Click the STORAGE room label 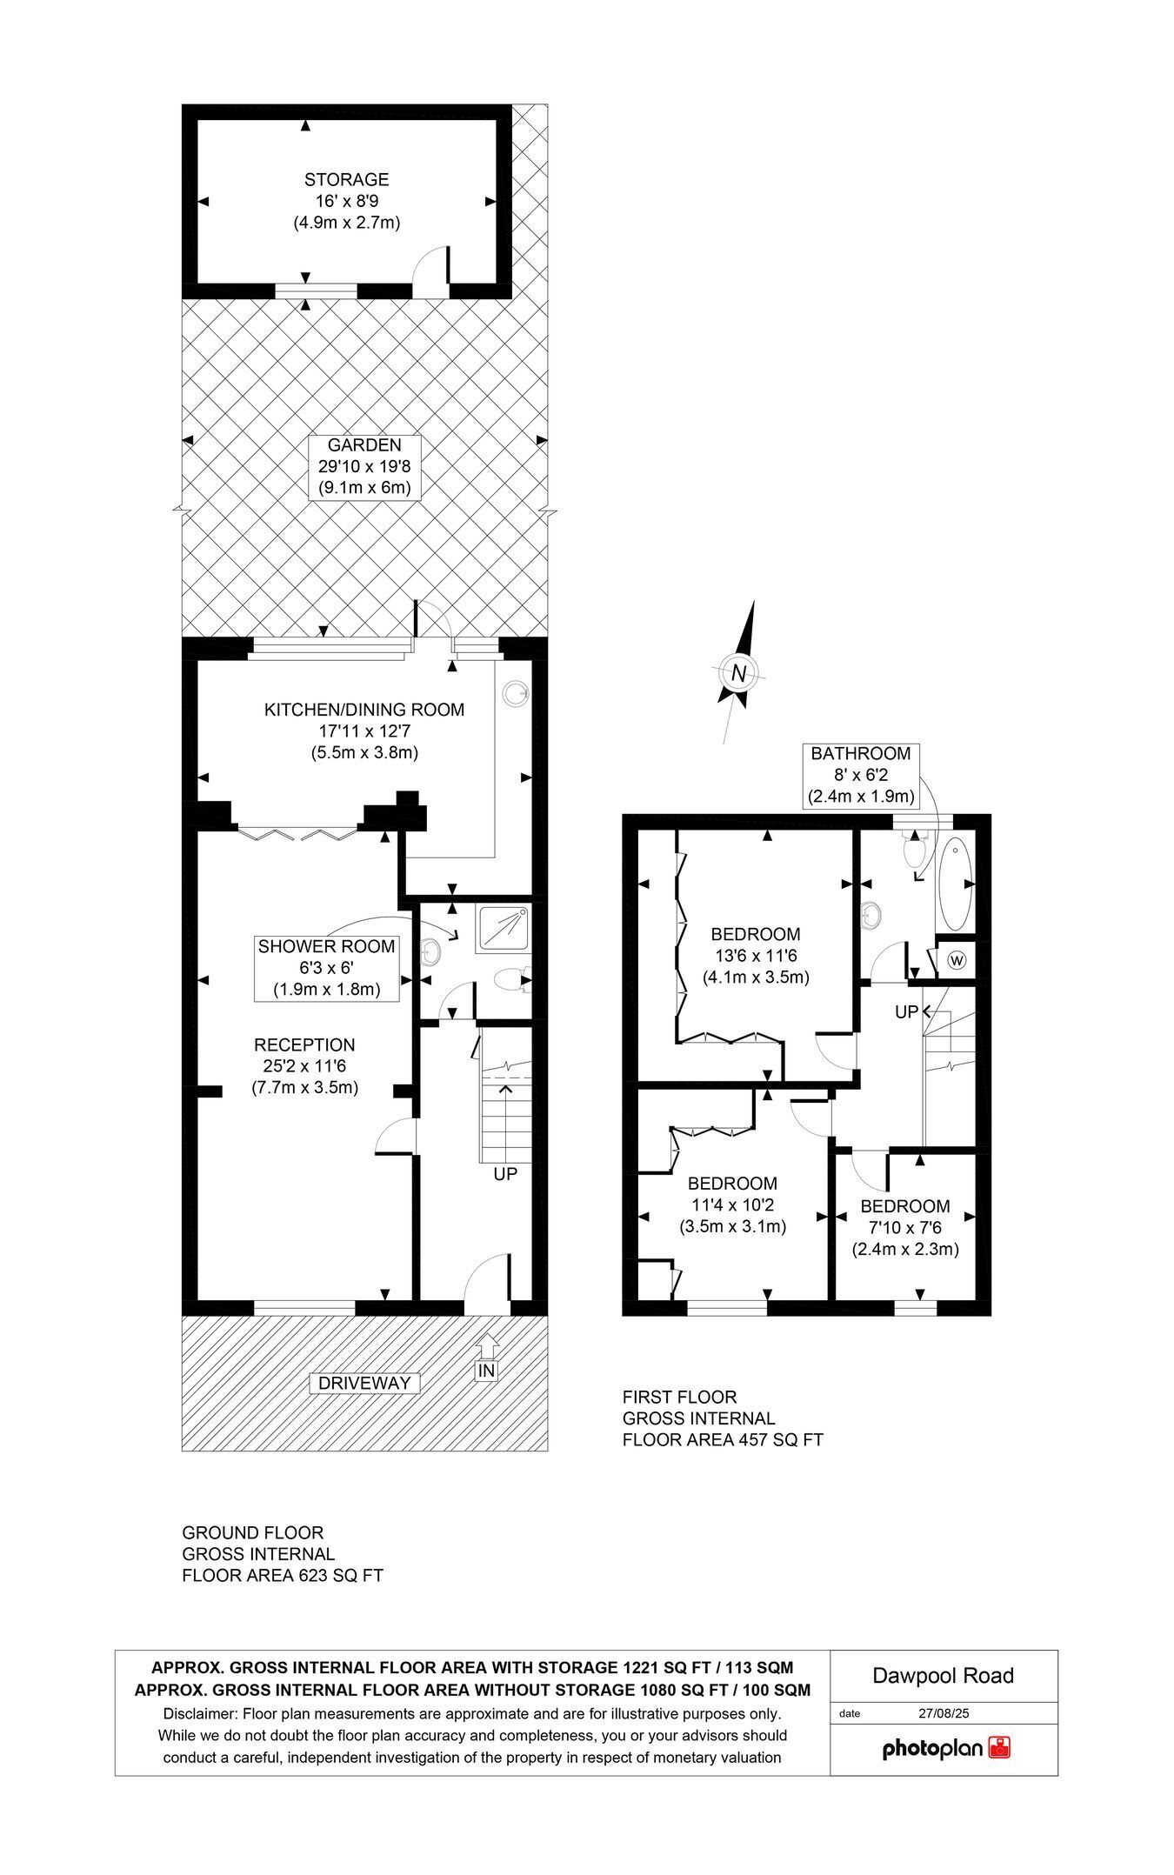click(x=346, y=180)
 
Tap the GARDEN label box click(x=364, y=467)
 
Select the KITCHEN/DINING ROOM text click(x=364, y=710)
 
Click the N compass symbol click(x=739, y=671)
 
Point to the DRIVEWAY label click(x=364, y=1383)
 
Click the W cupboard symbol click(x=957, y=960)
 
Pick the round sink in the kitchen click(x=516, y=692)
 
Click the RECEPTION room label click(x=304, y=1044)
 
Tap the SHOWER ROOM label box click(x=326, y=967)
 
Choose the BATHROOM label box click(x=861, y=774)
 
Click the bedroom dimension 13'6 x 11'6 click(x=756, y=955)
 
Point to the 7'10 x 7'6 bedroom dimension click(x=904, y=1227)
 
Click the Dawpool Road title click(x=944, y=1676)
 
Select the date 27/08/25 click(x=944, y=1713)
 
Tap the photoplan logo click(x=947, y=1747)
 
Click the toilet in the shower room click(x=509, y=981)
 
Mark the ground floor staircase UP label click(x=505, y=1173)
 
